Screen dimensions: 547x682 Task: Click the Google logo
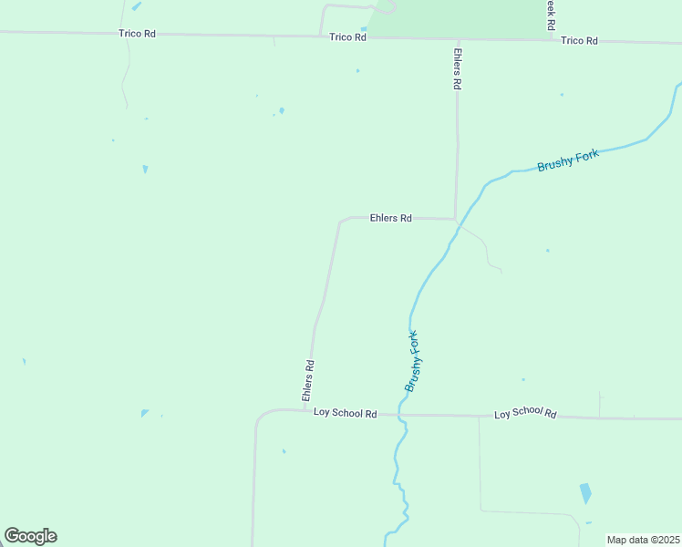[x=30, y=536]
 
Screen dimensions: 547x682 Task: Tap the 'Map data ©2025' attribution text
[x=643, y=540]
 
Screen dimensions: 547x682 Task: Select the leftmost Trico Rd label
[x=137, y=34]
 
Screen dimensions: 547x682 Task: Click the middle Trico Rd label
[x=347, y=37]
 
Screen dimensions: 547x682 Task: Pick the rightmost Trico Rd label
[x=579, y=40]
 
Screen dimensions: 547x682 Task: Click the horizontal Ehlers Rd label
[x=391, y=219]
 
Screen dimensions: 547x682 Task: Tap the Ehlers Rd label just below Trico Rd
[x=458, y=68]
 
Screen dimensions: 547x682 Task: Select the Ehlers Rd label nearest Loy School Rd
[x=308, y=381]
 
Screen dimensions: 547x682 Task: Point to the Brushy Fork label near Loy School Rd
[x=414, y=362]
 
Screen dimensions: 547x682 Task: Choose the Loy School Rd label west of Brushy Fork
[x=345, y=413]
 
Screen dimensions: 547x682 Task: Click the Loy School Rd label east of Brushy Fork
[x=525, y=414]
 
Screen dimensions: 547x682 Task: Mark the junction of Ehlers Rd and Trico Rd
[x=458, y=39]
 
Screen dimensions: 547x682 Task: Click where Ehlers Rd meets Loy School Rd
[x=308, y=410]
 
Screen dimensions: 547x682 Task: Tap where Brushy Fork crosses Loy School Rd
[x=399, y=415]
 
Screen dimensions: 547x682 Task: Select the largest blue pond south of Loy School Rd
[x=585, y=493]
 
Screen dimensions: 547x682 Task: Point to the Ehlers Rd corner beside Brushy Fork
[x=455, y=219]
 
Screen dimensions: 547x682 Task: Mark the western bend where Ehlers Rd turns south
[x=341, y=222]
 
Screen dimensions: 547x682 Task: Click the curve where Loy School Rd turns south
[x=259, y=418]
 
